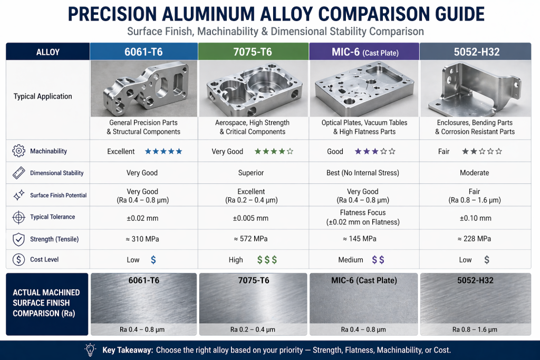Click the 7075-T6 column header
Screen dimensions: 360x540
(253, 52)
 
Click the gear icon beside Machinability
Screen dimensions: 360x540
(18, 151)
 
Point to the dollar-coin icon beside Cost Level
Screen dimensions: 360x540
(18, 259)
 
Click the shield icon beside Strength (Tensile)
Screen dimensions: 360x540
(18, 239)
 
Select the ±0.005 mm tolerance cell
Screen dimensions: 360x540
(253, 218)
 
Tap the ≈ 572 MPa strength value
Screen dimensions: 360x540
(253, 239)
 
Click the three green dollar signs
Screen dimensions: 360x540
(267, 259)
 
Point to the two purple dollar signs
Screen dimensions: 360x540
(378, 259)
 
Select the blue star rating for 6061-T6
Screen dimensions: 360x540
(163, 151)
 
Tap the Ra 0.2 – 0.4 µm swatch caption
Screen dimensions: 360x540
(253, 329)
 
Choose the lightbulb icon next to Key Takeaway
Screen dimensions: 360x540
(90, 349)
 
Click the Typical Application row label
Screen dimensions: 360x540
(43, 96)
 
